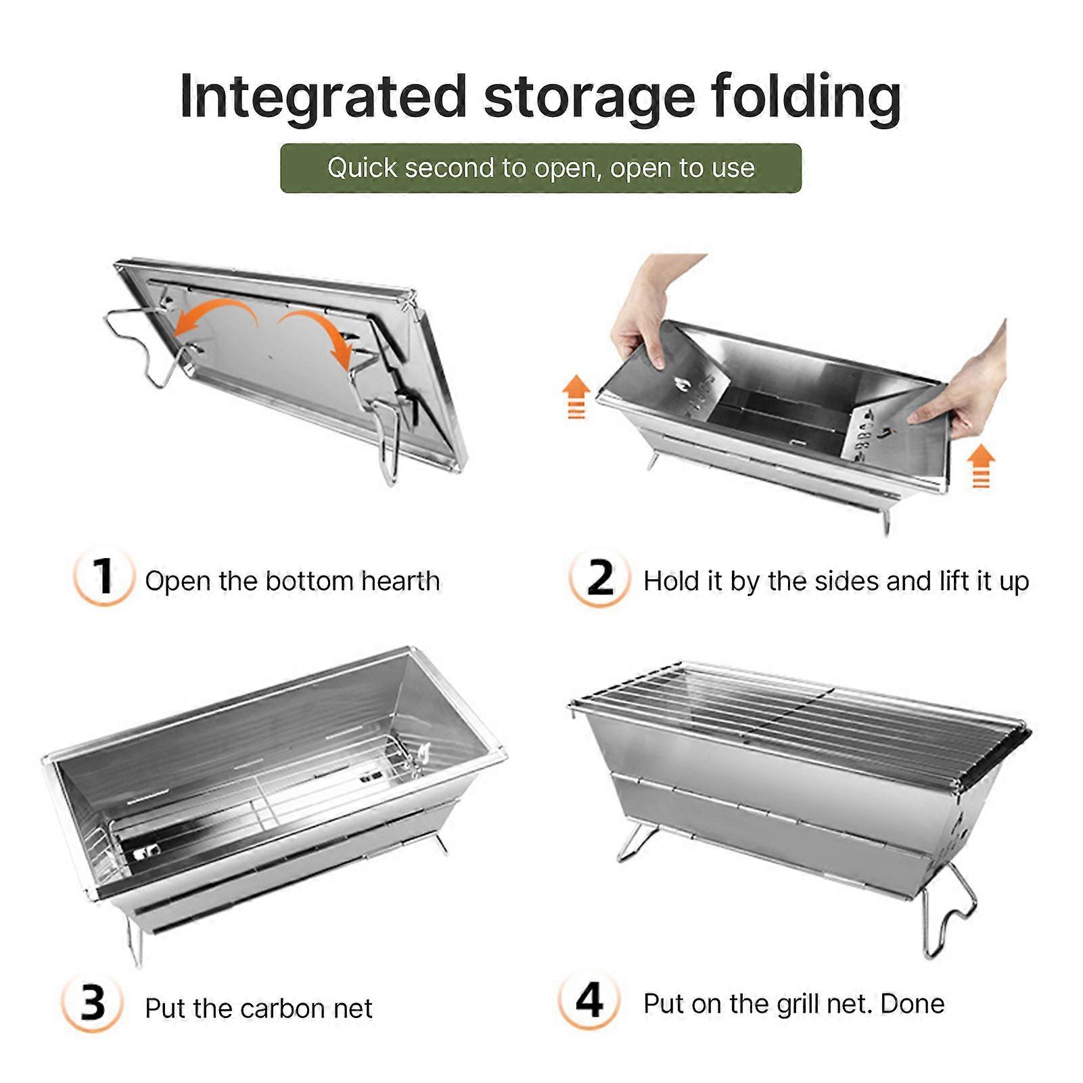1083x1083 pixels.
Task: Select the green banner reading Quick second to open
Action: point(540,168)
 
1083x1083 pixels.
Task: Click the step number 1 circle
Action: point(103,577)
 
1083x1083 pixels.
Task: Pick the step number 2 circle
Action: point(599,578)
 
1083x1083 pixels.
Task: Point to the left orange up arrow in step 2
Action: point(576,397)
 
